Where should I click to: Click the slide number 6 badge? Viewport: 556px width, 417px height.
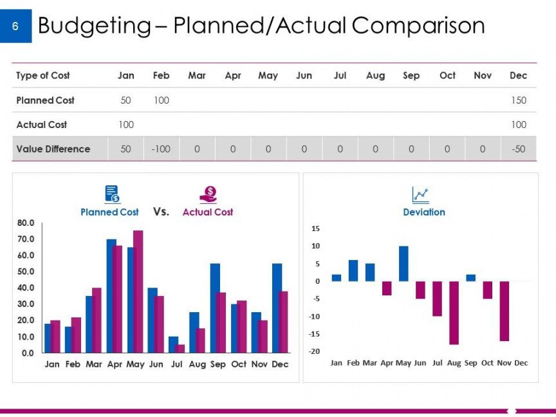click(15, 26)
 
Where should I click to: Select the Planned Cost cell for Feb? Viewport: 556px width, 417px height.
click(161, 100)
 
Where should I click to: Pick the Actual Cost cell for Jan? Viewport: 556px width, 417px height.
click(126, 125)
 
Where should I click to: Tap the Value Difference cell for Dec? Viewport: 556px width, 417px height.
click(518, 149)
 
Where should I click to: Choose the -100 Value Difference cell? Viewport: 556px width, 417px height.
click(161, 149)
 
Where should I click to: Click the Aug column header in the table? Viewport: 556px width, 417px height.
click(375, 76)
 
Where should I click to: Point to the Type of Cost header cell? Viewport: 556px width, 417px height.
click(43, 76)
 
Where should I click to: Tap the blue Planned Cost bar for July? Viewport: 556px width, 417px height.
click(173, 344)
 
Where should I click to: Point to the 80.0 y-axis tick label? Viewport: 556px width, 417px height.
click(26, 223)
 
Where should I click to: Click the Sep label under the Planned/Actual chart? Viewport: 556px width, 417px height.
click(218, 364)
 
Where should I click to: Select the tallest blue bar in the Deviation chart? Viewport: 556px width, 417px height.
click(403, 264)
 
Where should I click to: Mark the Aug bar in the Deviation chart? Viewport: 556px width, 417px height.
click(454, 313)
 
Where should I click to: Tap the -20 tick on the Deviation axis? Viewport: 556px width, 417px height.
click(315, 351)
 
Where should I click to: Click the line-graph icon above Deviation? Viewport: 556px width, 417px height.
click(420, 195)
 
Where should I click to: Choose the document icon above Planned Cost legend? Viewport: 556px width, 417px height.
click(112, 194)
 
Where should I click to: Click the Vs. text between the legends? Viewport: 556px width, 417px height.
click(161, 211)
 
